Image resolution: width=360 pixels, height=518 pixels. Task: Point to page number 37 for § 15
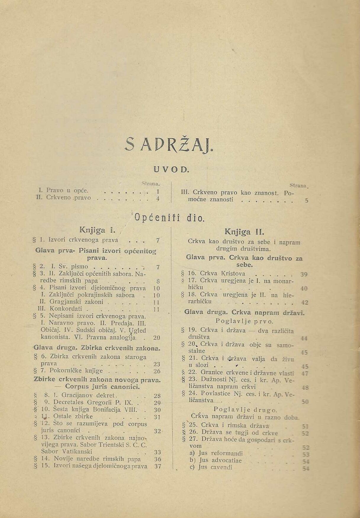click(157, 466)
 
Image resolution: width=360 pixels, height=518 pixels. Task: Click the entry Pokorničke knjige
click(76, 371)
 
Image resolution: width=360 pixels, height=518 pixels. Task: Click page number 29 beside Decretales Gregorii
click(157, 402)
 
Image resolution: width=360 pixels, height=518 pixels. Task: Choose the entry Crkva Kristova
click(223, 274)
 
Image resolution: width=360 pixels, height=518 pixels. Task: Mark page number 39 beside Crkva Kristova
click(304, 274)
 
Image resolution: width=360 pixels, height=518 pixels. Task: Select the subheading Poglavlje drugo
click(245, 410)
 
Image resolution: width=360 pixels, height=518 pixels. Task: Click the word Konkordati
click(66, 309)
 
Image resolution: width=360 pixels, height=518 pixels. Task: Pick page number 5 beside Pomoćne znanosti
click(306, 200)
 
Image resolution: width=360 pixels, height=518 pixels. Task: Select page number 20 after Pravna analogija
click(157, 338)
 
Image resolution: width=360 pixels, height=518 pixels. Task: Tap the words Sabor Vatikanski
click(67, 452)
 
